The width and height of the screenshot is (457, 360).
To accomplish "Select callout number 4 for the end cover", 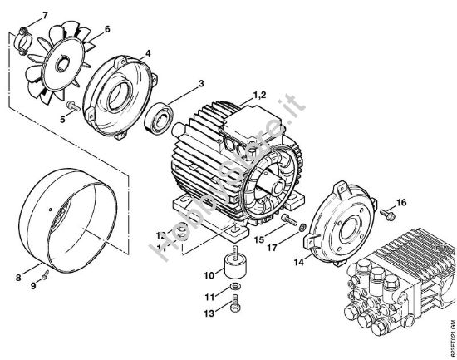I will tap(148, 54).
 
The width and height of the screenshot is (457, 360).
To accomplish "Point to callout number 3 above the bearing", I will tap(199, 83).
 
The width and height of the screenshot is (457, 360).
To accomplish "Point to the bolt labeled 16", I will tap(386, 214).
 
